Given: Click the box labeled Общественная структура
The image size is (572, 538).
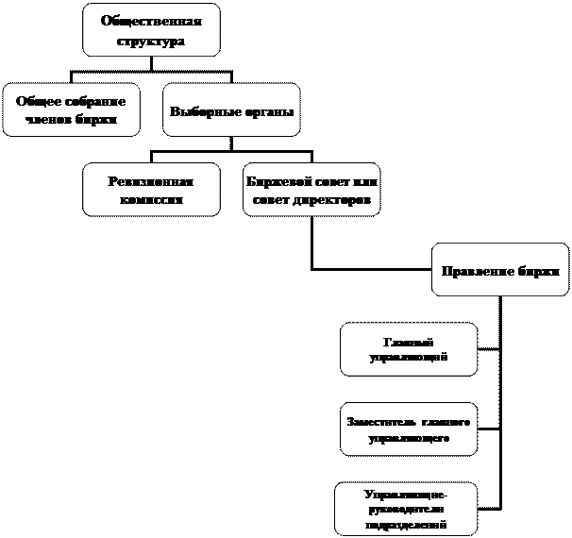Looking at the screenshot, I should (151, 29).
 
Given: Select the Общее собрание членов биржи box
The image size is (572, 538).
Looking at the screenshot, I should (72, 109).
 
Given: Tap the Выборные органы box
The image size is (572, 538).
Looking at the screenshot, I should (231, 109).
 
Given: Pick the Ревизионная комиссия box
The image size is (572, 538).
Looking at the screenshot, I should (151, 189).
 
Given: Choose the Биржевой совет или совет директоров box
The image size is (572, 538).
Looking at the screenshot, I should (311, 189).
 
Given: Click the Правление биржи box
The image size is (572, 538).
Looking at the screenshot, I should (501, 270).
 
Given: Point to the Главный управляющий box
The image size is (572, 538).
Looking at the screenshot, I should (408, 349).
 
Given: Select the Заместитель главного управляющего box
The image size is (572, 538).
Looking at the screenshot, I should (408, 429).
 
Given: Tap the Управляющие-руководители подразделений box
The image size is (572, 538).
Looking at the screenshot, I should (406, 509).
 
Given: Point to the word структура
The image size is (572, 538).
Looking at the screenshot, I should (151, 41).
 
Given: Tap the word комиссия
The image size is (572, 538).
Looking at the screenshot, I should (151, 200).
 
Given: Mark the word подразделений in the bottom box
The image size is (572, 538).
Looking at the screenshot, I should (407, 524).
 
